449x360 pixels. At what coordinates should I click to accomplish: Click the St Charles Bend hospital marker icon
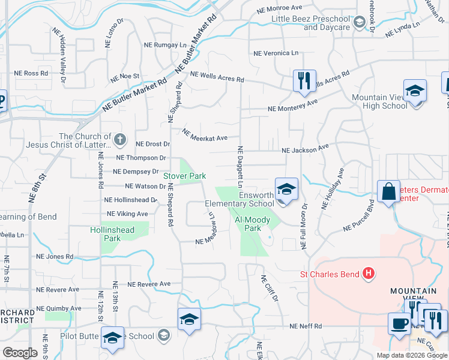[x=369, y=275]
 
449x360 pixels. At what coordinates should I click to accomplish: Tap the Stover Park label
[x=185, y=176]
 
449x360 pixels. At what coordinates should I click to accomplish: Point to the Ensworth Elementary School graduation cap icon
[x=287, y=189]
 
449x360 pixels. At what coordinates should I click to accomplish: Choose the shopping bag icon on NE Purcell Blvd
[x=389, y=192]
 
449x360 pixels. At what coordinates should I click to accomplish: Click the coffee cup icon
[x=399, y=324]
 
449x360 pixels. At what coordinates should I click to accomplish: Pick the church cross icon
[x=119, y=140]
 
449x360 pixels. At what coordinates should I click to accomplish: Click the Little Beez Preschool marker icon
[x=359, y=23]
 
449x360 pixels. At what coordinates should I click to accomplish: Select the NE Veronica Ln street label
[x=276, y=53]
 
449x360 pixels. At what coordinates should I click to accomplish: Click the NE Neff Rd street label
[x=306, y=326]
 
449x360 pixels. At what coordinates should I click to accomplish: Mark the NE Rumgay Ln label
[x=165, y=45]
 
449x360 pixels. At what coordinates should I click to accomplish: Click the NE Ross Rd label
[x=31, y=73]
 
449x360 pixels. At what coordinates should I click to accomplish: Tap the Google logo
[x=20, y=353]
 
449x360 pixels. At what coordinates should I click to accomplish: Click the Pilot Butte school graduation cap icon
[x=112, y=337]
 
